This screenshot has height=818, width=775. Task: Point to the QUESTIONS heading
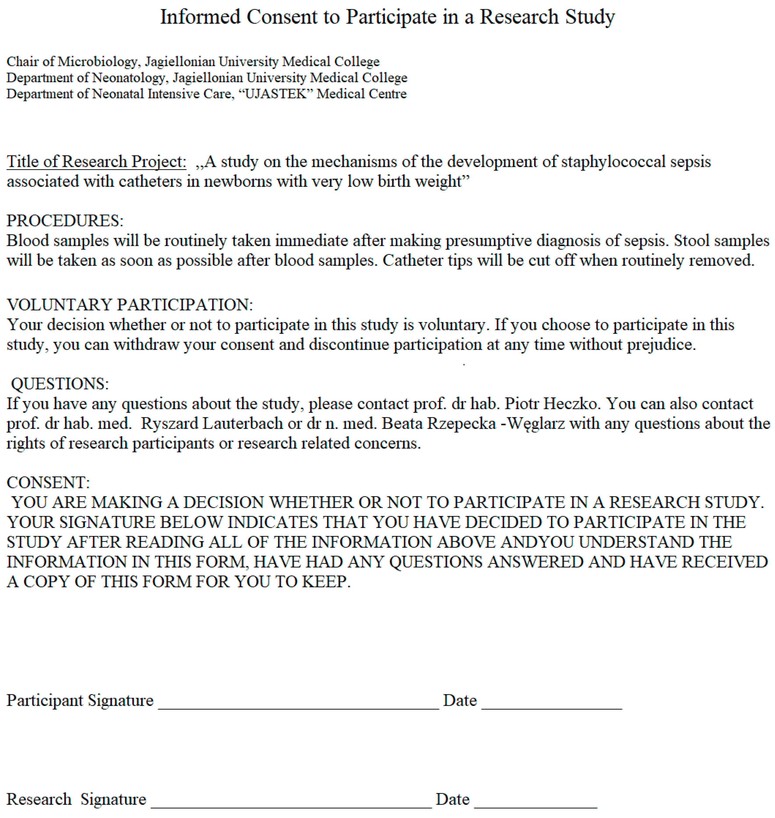click(60, 384)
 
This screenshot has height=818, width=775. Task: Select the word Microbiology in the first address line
click(97, 62)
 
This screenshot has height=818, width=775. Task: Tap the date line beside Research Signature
click(535, 806)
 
